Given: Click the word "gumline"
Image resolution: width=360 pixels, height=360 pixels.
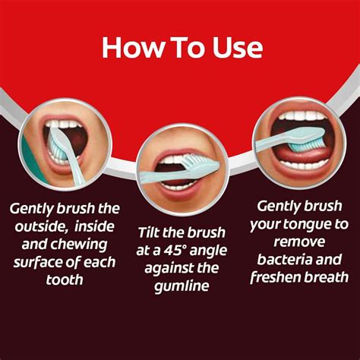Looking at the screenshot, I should pos(180,285).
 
